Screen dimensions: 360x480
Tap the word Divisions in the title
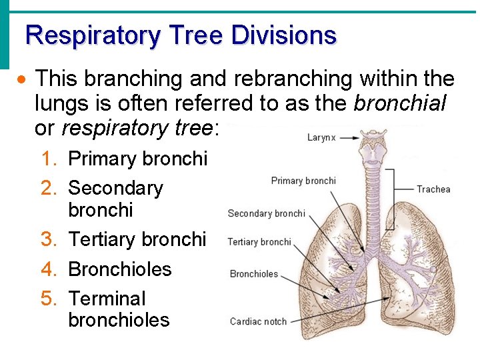pyautogui.click(x=284, y=35)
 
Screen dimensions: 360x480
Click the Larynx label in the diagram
pyautogui.click(x=321, y=138)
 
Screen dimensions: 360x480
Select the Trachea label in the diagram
pyautogui.click(x=433, y=189)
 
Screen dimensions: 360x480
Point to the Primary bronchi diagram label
pyautogui.click(x=303, y=181)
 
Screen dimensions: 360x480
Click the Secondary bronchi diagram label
pyautogui.click(x=266, y=213)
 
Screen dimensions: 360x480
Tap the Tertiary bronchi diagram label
pyautogui.click(x=259, y=242)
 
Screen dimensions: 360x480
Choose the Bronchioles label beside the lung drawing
pyautogui.click(x=254, y=273)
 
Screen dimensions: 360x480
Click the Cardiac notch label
pyautogui.click(x=258, y=321)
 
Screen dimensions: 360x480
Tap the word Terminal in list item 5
pyautogui.click(x=107, y=299)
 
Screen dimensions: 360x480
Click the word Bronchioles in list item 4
pyautogui.click(x=120, y=269)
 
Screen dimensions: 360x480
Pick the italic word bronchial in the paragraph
pyautogui.click(x=400, y=104)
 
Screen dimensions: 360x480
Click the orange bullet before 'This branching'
pyautogui.click(x=23, y=80)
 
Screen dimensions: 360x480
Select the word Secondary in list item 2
pyautogui.click(x=115, y=188)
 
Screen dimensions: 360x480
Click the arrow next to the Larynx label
pyautogui.click(x=347, y=138)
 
